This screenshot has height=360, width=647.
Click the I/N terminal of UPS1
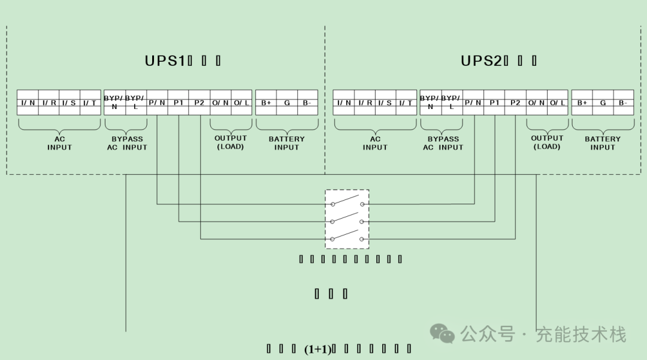point(28,102)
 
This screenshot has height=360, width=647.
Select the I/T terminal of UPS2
point(406,102)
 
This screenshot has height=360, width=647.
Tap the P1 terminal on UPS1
point(179,102)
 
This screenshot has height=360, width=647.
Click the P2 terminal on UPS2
point(515,102)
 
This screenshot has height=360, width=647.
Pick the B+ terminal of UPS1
point(266,102)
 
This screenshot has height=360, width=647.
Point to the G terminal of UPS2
point(603,102)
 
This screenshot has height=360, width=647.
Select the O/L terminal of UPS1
point(241,102)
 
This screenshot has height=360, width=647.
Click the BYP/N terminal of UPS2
point(430,102)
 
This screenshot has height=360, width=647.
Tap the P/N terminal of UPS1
point(157,102)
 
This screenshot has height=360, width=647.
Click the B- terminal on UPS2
point(624,102)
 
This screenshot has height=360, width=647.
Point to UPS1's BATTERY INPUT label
point(286,143)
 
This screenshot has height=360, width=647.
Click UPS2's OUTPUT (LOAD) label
point(547,143)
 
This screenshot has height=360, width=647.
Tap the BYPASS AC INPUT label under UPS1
point(127,143)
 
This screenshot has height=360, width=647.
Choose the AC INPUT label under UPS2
point(375,143)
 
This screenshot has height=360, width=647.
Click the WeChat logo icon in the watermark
point(444,334)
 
